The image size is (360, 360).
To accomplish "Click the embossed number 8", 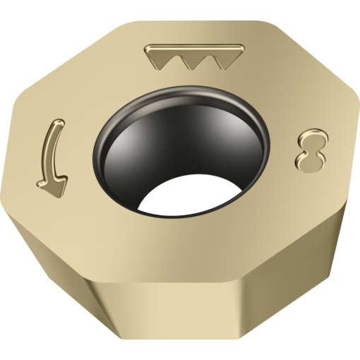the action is point(311,150).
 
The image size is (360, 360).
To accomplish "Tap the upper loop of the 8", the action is point(313,139).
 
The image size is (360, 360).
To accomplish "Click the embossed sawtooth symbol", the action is point(194,56).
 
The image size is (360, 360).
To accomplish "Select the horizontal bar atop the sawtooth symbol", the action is point(194,48).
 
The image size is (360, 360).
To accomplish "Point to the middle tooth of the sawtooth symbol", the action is point(193,62).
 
